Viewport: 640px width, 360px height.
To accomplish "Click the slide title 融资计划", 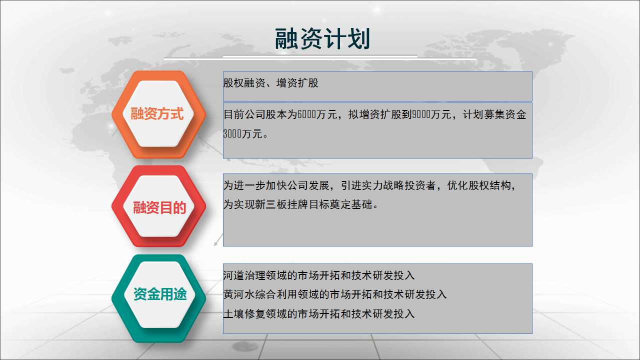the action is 322,39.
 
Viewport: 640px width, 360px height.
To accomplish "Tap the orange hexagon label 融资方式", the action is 157,113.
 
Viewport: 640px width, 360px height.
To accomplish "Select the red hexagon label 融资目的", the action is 159,207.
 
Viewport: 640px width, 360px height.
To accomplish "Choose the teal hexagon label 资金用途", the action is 160,294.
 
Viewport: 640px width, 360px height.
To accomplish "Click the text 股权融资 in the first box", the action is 244,83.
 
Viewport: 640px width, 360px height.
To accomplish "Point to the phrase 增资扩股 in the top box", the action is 297,83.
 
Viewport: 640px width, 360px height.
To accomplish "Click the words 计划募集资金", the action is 494,114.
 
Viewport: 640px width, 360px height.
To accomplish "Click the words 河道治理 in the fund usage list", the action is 244,275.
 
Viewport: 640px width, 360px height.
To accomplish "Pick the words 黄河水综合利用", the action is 260,294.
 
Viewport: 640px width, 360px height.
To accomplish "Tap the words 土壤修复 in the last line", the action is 244,313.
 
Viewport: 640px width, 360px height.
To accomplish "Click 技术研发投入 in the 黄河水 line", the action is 415,294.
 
